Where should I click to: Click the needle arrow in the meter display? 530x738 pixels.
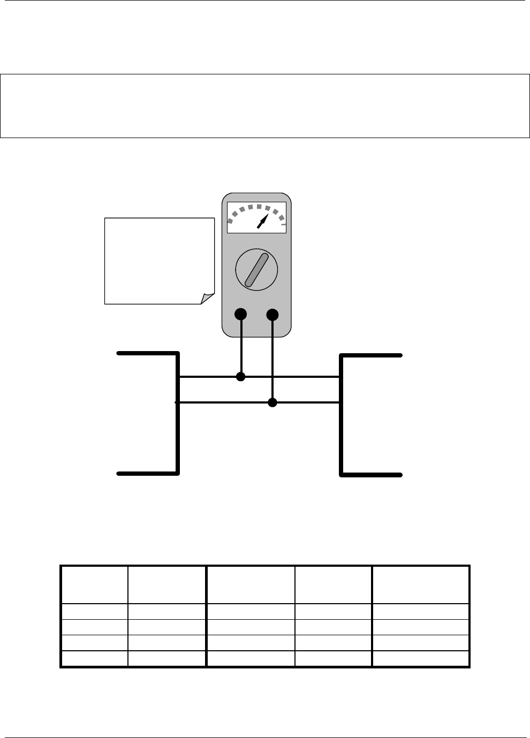(262, 221)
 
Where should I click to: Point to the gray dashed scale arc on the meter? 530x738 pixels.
(252, 209)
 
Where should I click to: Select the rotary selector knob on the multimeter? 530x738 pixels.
(256, 269)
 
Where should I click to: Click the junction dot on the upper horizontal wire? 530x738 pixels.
(241, 377)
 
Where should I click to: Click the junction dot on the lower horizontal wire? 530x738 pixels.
(272, 402)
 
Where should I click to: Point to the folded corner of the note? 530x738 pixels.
(207, 299)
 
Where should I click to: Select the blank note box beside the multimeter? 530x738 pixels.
(155, 257)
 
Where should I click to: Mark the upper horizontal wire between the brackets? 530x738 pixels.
(300, 377)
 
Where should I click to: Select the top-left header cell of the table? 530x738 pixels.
(94, 585)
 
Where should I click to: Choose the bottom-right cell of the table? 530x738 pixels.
(420, 659)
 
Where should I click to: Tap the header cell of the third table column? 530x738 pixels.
(250, 585)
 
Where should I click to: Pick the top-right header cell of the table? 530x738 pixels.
(420, 585)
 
